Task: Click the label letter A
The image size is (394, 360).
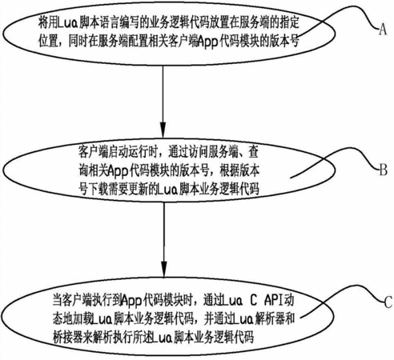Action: pyautogui.click(x=383, y=29)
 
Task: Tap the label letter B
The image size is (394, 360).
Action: pyautogui.click(x=384, y=170)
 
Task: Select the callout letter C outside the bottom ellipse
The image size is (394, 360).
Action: pyautogui.click(x=388, y=302)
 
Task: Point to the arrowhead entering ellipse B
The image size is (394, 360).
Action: pyautogui.click(x=163, y=130)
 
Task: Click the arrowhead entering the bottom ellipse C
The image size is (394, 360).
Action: pyautogui.click(x=164, y=269)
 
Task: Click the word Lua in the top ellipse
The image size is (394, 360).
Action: pyautogui.click(x=68, y=23)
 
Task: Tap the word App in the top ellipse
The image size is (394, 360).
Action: pyautogui.click(x=207, y=42)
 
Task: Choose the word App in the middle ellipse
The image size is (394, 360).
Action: pyautogui.click(x=118, y=171)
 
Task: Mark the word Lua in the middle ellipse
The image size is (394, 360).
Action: pyautogui.click(x=167, y=190)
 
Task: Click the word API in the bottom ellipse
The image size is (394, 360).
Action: pyautogui.click(x=275, y=301)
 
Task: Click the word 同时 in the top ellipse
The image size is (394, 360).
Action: pyautogui.click(x=78, y=42)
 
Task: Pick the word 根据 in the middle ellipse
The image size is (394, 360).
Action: pyautogui.click(x=230, y=171)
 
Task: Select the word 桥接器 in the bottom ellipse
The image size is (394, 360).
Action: pyautogui.click(x=67, y=338)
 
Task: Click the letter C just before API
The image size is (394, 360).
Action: pyautogui.click(x=253, y=301)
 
